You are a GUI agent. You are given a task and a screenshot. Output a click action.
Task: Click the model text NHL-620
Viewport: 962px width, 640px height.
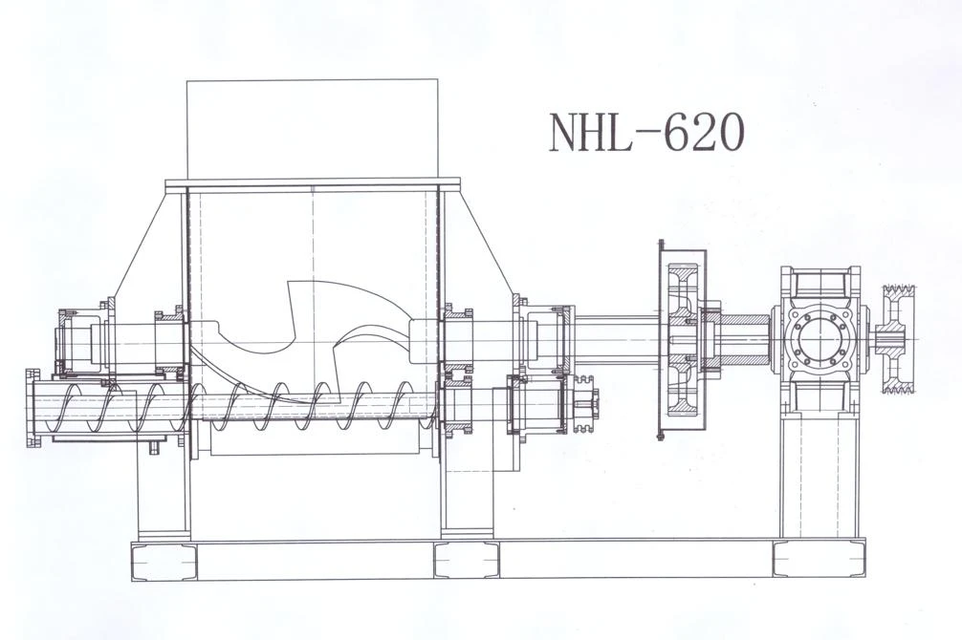pos(646,133)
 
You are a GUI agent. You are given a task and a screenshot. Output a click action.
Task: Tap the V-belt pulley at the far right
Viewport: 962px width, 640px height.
pos(898,339)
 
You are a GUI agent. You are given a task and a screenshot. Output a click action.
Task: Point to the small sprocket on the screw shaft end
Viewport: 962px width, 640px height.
pos(585,403)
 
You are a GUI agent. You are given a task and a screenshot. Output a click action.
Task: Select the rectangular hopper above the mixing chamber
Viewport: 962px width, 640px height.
pos(313,128)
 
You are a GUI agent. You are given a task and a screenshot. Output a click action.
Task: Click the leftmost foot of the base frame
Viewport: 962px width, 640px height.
pos(164,561)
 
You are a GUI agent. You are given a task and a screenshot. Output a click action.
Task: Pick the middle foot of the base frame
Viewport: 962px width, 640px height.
pos(467,561)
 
